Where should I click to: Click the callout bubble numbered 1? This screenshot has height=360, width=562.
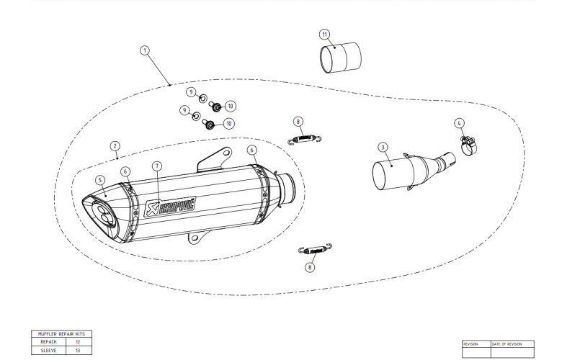click(x=145, y=50)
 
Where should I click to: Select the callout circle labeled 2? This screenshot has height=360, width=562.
click(x=115, y=145)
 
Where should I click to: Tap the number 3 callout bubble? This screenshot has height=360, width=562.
click(x=381, y=147)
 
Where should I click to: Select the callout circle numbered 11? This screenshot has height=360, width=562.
click(x=324, y=34)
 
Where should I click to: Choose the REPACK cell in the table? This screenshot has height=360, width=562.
click(x=48, y=343)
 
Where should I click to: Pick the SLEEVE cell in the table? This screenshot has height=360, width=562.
click(x=48, y=351)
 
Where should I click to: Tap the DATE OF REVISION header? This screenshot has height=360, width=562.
click(x=509, y=343)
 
